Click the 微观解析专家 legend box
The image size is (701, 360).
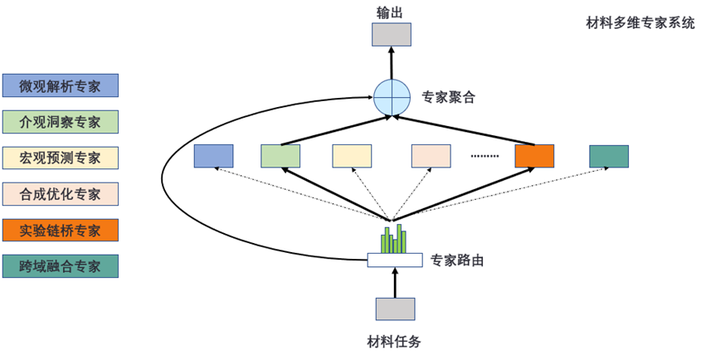(x=60, y=85)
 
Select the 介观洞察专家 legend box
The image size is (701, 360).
(x=60, y=122)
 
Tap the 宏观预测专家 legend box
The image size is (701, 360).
(x=60, y=158)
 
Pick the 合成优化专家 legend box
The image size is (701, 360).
(x=60, y=194)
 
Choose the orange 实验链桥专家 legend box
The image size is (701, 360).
(x=60, y=230)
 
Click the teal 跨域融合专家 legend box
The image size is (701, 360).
(x=60, y=266)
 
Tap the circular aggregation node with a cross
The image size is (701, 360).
(x=392, y=98)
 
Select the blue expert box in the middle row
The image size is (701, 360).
(x=213, y=156)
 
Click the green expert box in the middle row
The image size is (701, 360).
(x=280, y=156)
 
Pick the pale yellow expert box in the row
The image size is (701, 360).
(x=352, y=156)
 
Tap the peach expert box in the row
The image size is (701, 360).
(x=431, y=156)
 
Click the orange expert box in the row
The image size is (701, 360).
(x=533, y=156)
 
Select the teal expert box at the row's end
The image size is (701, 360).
(x=609, y=156)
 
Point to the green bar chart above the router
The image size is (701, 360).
(x=393, y=239)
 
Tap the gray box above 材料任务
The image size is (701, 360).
(x=395, y=308)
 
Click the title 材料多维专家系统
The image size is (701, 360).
(x=640, y=23)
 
